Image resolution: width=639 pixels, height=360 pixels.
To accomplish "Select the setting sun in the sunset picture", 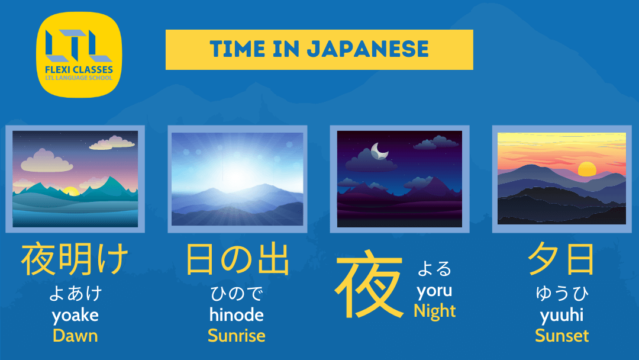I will click(587, 169).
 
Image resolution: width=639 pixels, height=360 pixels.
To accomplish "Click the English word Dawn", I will click(75, 336).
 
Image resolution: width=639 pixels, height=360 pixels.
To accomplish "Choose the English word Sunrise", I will click(236, 336).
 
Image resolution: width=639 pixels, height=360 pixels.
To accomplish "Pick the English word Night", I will click(435, 311).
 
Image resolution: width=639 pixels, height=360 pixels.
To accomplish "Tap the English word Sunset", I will click(561, 336).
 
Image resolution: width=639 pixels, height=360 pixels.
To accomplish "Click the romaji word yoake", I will click(75, 315).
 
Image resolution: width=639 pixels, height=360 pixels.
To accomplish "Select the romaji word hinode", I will click(236, 315).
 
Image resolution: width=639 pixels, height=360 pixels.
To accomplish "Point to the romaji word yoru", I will click(434, 291).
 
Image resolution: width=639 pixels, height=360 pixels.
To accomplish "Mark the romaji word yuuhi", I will click(561, 315).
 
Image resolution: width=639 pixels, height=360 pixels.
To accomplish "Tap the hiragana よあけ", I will click(75, 293).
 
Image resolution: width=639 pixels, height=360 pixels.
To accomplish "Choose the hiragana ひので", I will click(236, 293).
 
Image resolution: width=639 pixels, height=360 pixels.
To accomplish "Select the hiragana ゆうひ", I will click(561, 293).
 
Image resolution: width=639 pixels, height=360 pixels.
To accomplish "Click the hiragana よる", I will click(434, 269).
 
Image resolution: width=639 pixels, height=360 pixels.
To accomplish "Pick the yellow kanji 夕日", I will click(561, 260).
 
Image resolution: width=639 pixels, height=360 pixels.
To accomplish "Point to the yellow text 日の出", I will click(237, 260).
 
